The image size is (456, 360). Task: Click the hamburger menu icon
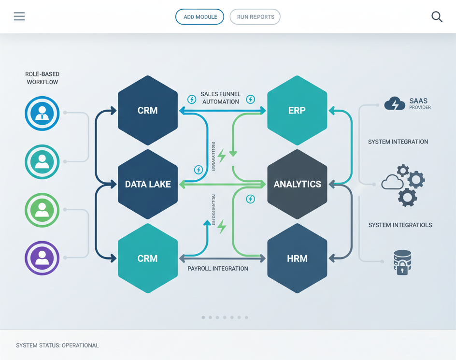(x=19, y=16)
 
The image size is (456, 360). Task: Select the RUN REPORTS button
(x=255, y=17)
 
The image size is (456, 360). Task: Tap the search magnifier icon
(x=437, y=16)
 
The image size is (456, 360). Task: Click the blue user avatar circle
(x=42, y=114)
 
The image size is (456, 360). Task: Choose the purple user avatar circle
(x=42, y=258)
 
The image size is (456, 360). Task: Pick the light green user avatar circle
(x=42, y=210)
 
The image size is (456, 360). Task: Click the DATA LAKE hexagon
(x=148, y=184)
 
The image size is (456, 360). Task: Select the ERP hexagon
(x=297, y=111)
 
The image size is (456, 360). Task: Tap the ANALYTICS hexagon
(x=297, y=184)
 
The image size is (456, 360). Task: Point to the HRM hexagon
(x=297, y=259)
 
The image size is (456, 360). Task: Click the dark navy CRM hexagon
(x=148, y=111)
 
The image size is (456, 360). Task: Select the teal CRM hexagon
(x=148, y=259)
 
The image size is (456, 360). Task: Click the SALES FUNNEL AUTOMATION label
(x=220, y=98)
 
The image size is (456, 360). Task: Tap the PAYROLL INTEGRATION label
(x=218, y=269)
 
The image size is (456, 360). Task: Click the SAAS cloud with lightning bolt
(x=395, y=103)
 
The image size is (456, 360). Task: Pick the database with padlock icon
(x=402, y=262)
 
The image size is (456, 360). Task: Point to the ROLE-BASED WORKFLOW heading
(x=43, y=78)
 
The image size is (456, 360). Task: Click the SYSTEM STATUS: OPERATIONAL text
(x=57, y=346)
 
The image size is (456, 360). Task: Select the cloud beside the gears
(x=392, y=183)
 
